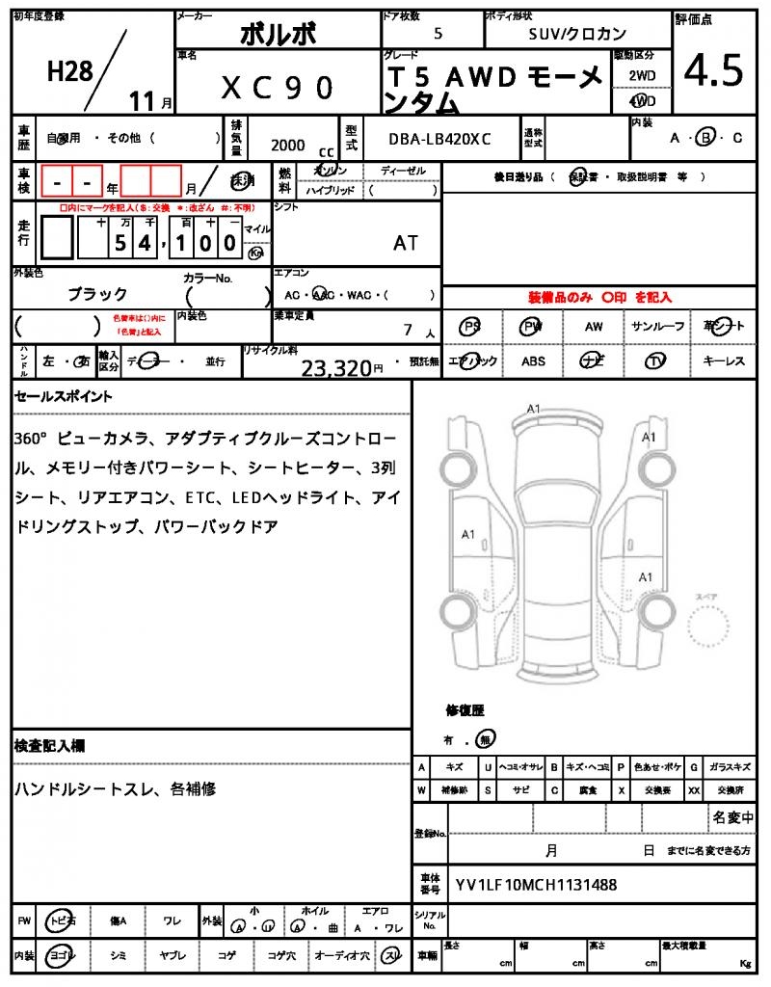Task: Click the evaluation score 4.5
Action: pos(713,69)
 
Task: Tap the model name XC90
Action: pos(278,88)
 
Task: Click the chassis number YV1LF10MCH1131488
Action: pos(536,884)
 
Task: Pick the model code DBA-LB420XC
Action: pos(439,139)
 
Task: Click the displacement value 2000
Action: pos(288,145)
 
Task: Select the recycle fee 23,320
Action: pos(336,366)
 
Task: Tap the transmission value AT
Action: pos(406,243)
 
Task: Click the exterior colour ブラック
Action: pos(97,294)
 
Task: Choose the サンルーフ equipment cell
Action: pos(657,327)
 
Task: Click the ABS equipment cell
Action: pos(533,361)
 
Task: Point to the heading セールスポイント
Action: pos(63,396)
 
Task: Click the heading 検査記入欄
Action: pos(50,746)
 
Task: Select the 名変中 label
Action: pos(732,817)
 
